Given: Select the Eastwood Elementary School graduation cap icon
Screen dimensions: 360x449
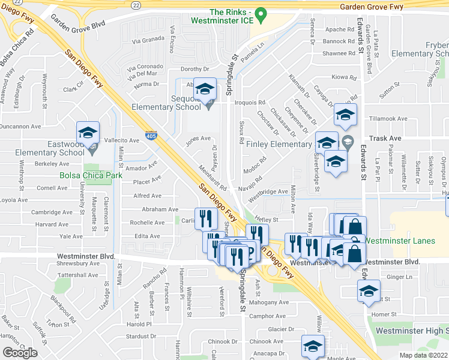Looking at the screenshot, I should point(88,133).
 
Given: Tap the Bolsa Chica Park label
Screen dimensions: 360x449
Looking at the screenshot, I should point(91,176).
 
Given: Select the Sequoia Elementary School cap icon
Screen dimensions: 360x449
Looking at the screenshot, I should point(205,90).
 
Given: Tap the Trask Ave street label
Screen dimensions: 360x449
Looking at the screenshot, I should point(385,139).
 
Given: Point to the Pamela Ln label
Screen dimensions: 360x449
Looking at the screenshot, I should point(253,48).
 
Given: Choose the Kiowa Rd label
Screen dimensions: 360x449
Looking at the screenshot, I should point(345,77).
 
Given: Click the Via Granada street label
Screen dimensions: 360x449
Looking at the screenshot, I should point(148,41).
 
